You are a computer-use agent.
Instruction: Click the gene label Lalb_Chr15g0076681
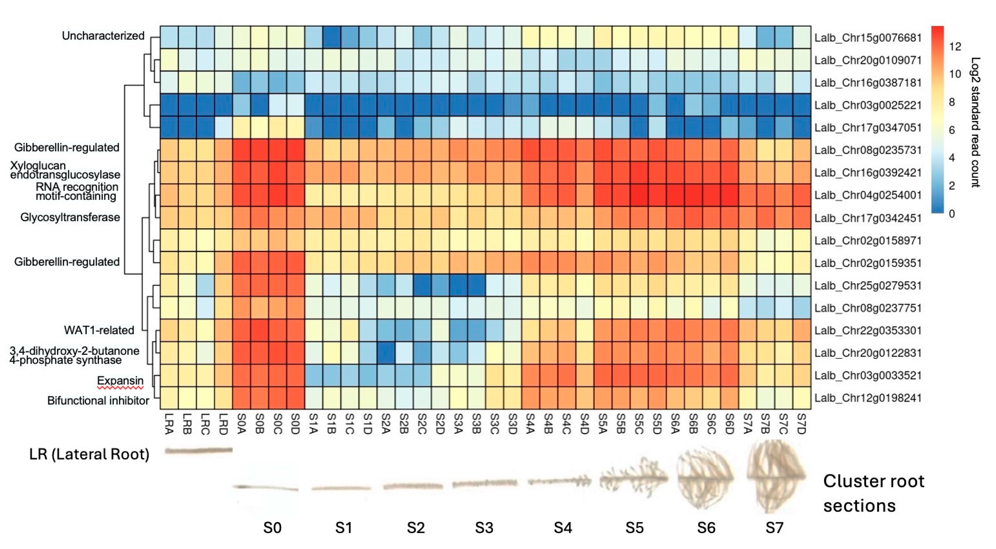tap(868, 38)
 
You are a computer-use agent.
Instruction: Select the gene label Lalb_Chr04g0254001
tap(868, 195)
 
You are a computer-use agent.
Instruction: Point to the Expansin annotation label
tap(120, 380)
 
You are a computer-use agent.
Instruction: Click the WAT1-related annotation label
tap(99, 330)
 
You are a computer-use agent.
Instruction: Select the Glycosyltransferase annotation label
tap(70, 217)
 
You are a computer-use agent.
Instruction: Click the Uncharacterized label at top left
tap(103, 36)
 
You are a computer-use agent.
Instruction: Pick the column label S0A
tap(242, 424)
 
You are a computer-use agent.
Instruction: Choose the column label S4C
tap(566, 424)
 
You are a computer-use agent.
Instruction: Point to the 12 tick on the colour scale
tap(955, 47)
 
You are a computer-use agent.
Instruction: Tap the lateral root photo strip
tap(198, 450)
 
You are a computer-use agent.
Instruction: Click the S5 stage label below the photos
tap(635, 528)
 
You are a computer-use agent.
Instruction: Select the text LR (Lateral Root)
tap(89, 454)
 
